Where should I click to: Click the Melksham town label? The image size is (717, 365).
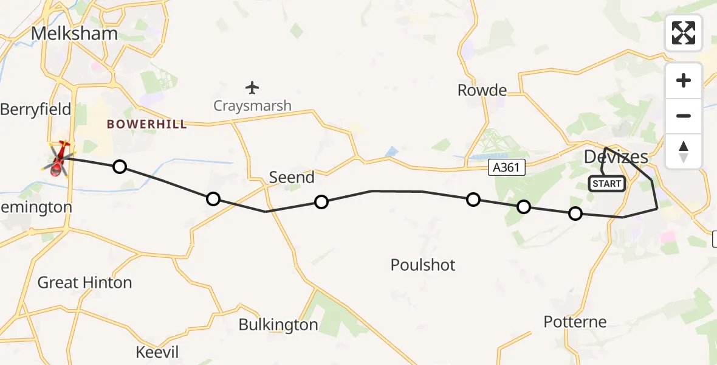74,34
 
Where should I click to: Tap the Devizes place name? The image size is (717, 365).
616,157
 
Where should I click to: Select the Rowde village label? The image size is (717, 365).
482,91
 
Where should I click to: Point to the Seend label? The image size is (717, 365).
292,178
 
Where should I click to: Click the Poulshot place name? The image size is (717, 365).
423,265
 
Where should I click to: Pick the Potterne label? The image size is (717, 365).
575,322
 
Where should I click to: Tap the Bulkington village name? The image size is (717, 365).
278,325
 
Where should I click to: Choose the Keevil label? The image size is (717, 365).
157,352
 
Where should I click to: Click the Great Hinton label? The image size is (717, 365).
84,283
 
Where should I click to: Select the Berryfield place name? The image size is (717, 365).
36,109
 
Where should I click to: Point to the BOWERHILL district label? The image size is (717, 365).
146,125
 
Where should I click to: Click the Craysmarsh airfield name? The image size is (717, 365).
252,106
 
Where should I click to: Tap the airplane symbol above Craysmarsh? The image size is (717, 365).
252,88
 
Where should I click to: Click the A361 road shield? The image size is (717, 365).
507,167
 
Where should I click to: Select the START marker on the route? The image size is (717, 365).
606,184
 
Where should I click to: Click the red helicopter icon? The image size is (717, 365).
59,159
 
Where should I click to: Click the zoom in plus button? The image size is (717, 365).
684,81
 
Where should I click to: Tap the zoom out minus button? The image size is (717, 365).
684,116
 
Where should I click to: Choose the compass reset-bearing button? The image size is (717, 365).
684,151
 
